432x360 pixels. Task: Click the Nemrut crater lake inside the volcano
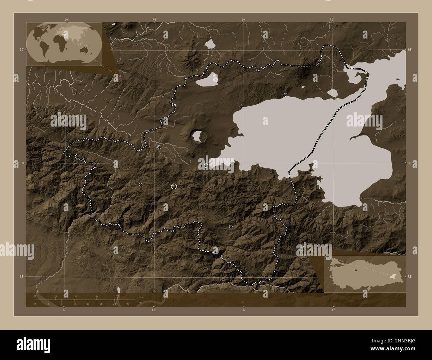(197, 136)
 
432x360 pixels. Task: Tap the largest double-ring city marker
(173, 186)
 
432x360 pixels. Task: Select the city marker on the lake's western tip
(206, 165)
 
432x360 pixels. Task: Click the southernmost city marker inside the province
(231, 226)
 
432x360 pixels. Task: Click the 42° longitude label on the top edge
(155, 20)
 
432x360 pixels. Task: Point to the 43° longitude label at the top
(332, 20)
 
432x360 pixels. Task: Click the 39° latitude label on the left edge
(21, 49)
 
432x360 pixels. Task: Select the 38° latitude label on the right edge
(410, 277)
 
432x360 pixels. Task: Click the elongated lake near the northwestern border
(206, 80)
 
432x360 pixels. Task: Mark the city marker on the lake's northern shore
(285, 95)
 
